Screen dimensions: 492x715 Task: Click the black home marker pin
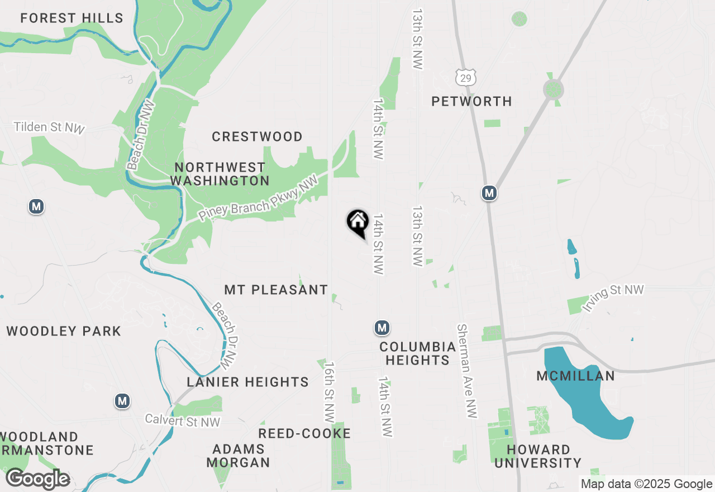357,222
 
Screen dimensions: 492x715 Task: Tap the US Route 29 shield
465,78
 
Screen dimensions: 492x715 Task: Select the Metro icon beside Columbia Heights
382,327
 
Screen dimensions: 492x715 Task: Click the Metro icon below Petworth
489,193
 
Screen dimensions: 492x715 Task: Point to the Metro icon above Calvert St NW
122,401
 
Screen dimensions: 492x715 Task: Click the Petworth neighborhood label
472,101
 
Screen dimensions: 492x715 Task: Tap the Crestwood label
257,136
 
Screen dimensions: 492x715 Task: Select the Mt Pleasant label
276,290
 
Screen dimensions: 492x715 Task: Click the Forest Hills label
71,18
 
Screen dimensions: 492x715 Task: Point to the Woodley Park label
64,331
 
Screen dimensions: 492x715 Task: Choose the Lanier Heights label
248,382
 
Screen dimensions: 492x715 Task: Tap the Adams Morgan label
238,456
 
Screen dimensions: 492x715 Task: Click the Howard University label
538,456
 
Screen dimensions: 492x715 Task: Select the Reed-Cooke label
304,433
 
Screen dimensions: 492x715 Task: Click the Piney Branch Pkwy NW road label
258,198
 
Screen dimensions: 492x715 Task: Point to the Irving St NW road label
613,298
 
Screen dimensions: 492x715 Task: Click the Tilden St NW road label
49,127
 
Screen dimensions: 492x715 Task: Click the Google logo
38,479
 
